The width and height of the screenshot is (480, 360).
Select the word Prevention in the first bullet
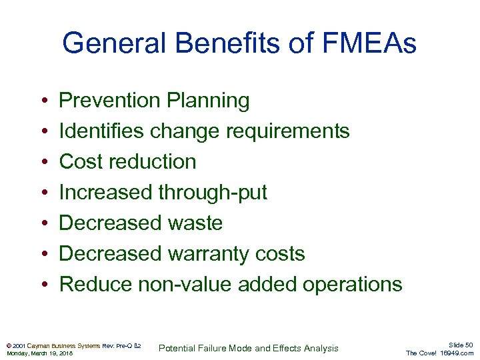[x=110, y=101]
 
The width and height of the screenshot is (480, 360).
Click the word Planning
[x=208, y=101]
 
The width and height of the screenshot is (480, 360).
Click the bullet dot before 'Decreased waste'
[x=43, y=223]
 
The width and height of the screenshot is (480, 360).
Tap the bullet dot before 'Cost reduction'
[x=43, y=162]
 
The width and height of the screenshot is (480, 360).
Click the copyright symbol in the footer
[x=8, y=346]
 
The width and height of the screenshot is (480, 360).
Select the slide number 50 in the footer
[x=469, y=345]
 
